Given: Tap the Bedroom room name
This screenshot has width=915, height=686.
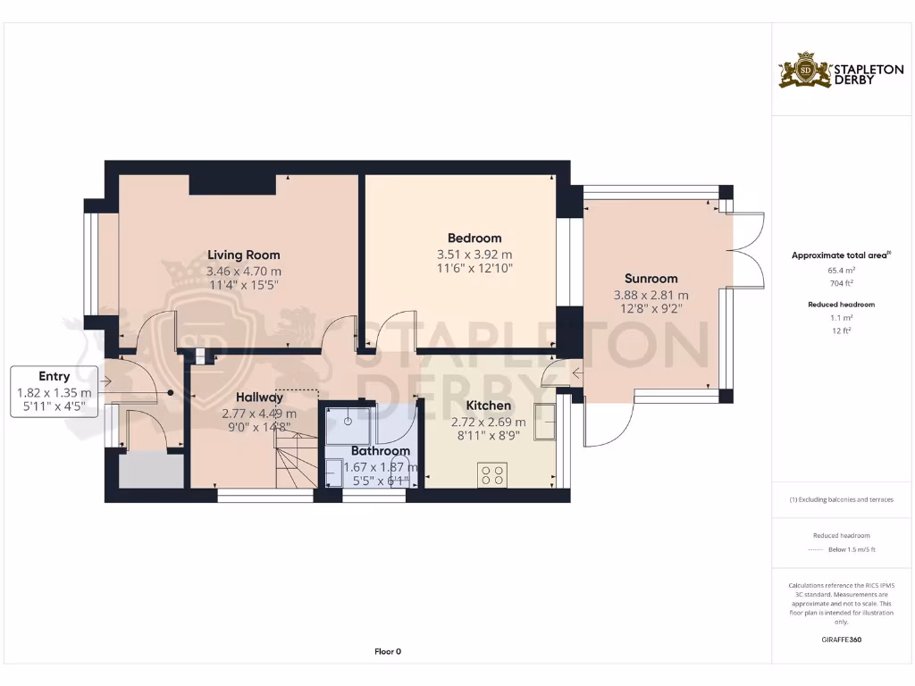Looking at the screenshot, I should pos(474,238).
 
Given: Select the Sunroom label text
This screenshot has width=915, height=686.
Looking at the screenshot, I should pos(651,279).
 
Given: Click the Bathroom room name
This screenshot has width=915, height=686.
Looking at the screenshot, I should pos(381,451).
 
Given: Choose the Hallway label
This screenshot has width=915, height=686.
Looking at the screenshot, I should pos(259,397).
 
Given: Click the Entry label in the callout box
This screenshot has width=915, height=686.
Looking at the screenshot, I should pos(54,376).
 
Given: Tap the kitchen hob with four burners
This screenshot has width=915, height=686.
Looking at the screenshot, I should pos(492,473).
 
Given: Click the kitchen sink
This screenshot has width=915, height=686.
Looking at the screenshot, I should pos(544,422).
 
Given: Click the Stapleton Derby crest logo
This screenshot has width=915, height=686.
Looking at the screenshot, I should pos(805,71).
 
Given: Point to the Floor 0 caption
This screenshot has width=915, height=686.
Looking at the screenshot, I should pos(388,651).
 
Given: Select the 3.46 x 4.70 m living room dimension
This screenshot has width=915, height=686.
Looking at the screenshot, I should pos(243,272).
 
